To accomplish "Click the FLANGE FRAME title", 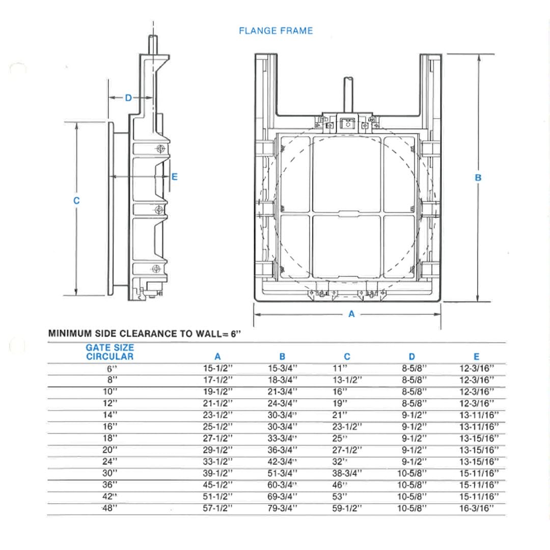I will (x=276, y=31).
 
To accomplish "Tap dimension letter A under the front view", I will (x=351, y=314).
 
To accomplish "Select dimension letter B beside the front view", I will (x=478, y=178).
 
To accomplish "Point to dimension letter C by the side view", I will (x=76, y=201).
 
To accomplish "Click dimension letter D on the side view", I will (x=128, y=97).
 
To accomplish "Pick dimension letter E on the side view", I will (x=175, y=177).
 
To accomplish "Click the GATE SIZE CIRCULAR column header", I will (x=109, y=352).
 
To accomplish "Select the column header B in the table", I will (x=282, y=357).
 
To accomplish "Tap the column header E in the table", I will (x=476, y=357).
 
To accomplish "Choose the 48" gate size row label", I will (x=111, y=508).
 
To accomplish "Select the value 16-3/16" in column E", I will (x=476, y=508).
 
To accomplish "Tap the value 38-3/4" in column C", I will (x=347, y=473).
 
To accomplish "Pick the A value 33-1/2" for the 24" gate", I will (x=217, y=461).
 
